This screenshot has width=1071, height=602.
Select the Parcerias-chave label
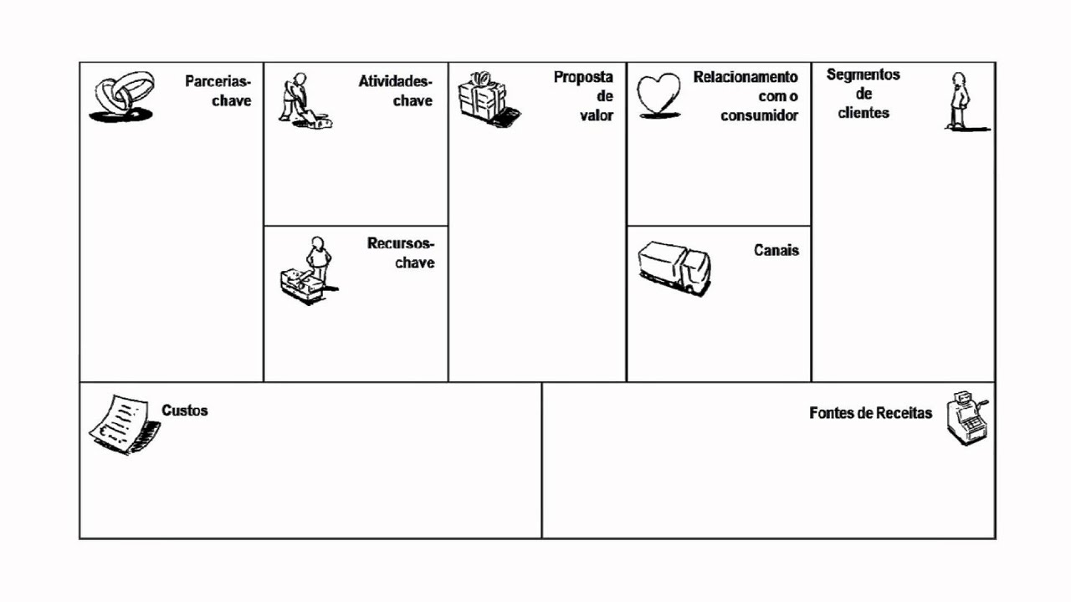pyautogui.click(x=218, y=91)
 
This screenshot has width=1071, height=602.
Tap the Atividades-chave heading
pyautogui.click(x=396, y=91)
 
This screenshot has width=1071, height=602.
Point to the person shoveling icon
pyautogui.click(x=303, y=101)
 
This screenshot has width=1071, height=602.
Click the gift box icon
pyautogui.click(x=485, y=99)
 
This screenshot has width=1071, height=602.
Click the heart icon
pyautogui.click(x=659, y=96)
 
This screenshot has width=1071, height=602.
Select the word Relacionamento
pyautogui.click(x=746, y=77)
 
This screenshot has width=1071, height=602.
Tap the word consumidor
pyautogui.click(x=760, y=115)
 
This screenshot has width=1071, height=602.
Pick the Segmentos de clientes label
pyautogui.click(x=863, y=93)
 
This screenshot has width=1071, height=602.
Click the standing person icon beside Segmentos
pyautogui.click(x=961, y=101)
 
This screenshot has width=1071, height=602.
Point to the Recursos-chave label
pyautogui.click(x=402, y=253)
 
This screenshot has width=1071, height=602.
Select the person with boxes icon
pyautogui.click(x=307, y=270)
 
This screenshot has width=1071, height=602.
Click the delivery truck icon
pyautogui.click(x=674, y=267)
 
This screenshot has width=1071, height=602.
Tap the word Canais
pyautogui.click(x=776, y=250)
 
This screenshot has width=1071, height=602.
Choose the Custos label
pyautogui.click(x=185, y=411)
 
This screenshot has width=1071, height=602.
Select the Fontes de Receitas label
pyautogui.click(x=870, y=413)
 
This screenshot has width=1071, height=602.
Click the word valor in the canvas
pyautogui.click(x=597, y=115)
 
